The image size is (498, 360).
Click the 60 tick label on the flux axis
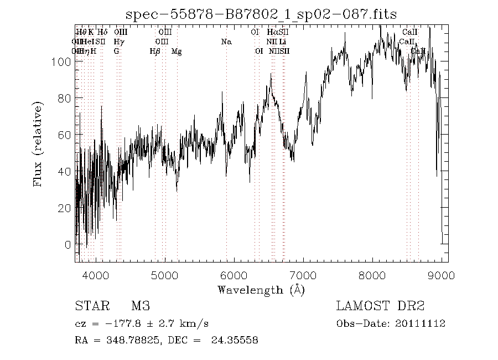click(x=65, y=135)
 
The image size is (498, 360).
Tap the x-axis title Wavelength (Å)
click(x=261, y=289)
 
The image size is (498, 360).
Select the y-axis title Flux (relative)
click(x=39, y=144)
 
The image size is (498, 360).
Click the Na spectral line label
click(x=226, y=42)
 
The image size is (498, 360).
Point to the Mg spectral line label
click(x=177, y=52)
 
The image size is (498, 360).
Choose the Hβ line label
click(x=155, y=52)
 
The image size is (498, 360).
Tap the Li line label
click(x=283, y=42)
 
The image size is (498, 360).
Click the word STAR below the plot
click(x=91, y=306)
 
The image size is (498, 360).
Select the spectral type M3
click(x=141, y=306)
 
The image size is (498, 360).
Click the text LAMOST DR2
click(x=380, y=306)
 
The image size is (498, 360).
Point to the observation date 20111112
click(x=424, y=324)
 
